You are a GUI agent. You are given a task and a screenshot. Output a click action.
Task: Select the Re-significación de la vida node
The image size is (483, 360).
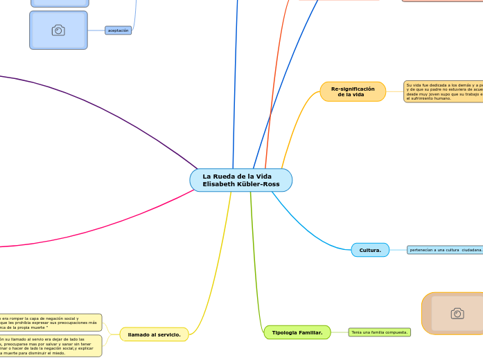tap(353, 91)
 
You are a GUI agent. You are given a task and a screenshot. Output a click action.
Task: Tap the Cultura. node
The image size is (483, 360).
tap(370, 250)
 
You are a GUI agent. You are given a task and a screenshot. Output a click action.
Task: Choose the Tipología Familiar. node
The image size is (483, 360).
tap(297, 332)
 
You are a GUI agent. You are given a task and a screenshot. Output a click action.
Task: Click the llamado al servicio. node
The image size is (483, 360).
tap(154, 334)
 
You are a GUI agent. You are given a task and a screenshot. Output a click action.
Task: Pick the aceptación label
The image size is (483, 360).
tap(118, 30)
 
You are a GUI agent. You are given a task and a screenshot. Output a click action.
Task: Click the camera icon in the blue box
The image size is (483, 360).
tap(58, 30)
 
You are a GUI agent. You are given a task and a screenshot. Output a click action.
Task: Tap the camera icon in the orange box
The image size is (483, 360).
tap(457, 314)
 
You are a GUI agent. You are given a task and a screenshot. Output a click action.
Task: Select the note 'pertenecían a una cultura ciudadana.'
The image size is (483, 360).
tap(446, 250)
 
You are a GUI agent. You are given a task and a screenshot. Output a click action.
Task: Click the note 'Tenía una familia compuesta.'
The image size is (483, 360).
tap(379, 332)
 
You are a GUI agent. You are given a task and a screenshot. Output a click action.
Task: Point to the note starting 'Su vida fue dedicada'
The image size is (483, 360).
tap(444, 91)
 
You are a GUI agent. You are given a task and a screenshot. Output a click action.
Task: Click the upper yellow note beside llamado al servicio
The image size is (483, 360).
tap(50, 322)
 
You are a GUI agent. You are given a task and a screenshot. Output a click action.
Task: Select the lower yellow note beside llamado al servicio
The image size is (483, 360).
tap(50, 345)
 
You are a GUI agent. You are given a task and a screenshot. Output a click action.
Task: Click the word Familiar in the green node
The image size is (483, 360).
tap(311, 332)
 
